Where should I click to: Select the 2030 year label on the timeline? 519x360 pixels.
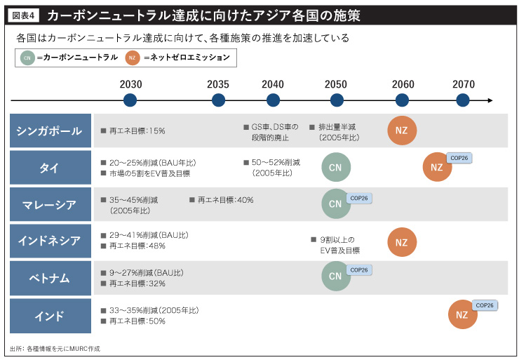pyautogui.click(x=130, y=84)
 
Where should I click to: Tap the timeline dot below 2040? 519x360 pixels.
pyautogui.click(x=273, y=100)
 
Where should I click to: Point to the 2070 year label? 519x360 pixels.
pyautogui.click(x=463, y=84)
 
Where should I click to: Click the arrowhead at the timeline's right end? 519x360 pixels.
pyautogui.click(x=489, y=100)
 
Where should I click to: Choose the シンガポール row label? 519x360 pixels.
pyautogui.click(x=50, y=131)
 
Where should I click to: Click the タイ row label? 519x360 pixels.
pyautogui.click(x=50, y=168)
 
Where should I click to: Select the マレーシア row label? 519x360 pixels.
pyautogui.click(x=50, y=205)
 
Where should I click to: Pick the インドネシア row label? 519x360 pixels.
pyautogui.click(x=50, y=241)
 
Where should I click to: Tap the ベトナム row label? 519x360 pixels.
pyautogui.click(x=50, y=279)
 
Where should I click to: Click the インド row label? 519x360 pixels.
pyautogui.click(x=50, y=316)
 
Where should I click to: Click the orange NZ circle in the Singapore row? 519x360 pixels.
pyautogui.click(x=402, y=131)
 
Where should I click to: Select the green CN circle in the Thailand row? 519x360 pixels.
pyautogui.click(x=335, y=167)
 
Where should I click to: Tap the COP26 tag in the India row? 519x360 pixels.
pyautogui.click(x=485, y=305)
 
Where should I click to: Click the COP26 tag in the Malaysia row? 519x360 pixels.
pyautogui.click(x=358, y=199)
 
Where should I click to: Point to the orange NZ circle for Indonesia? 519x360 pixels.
pyautogui.click(x=402, y=242)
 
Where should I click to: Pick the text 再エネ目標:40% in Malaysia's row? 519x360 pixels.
pyautogui.click(x=221, y=200)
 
